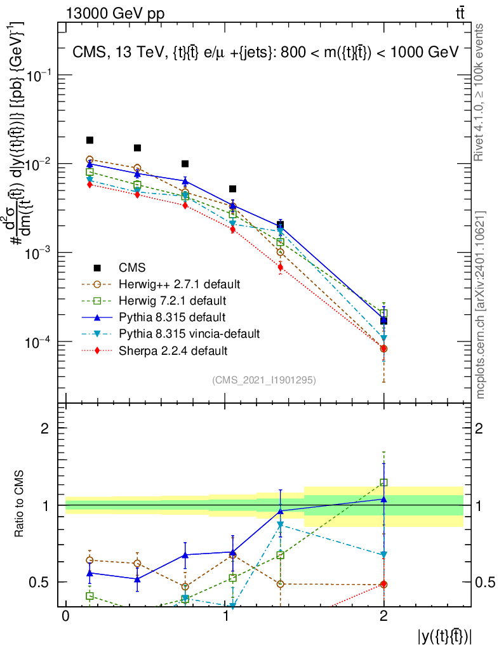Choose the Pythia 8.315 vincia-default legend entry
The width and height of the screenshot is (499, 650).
(188, 333)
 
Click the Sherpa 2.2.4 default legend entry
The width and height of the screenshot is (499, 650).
(172, 350)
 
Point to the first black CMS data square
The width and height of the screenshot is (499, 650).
(90, 140)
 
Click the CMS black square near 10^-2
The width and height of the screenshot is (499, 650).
(185, 164)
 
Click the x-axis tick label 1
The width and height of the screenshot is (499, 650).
(225, 617)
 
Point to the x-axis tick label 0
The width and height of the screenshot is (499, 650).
(65, 617)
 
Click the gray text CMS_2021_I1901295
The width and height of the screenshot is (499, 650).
(264, 380)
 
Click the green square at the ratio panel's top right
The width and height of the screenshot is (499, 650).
(383, 482)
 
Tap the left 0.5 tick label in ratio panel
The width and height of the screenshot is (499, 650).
(44, 582)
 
